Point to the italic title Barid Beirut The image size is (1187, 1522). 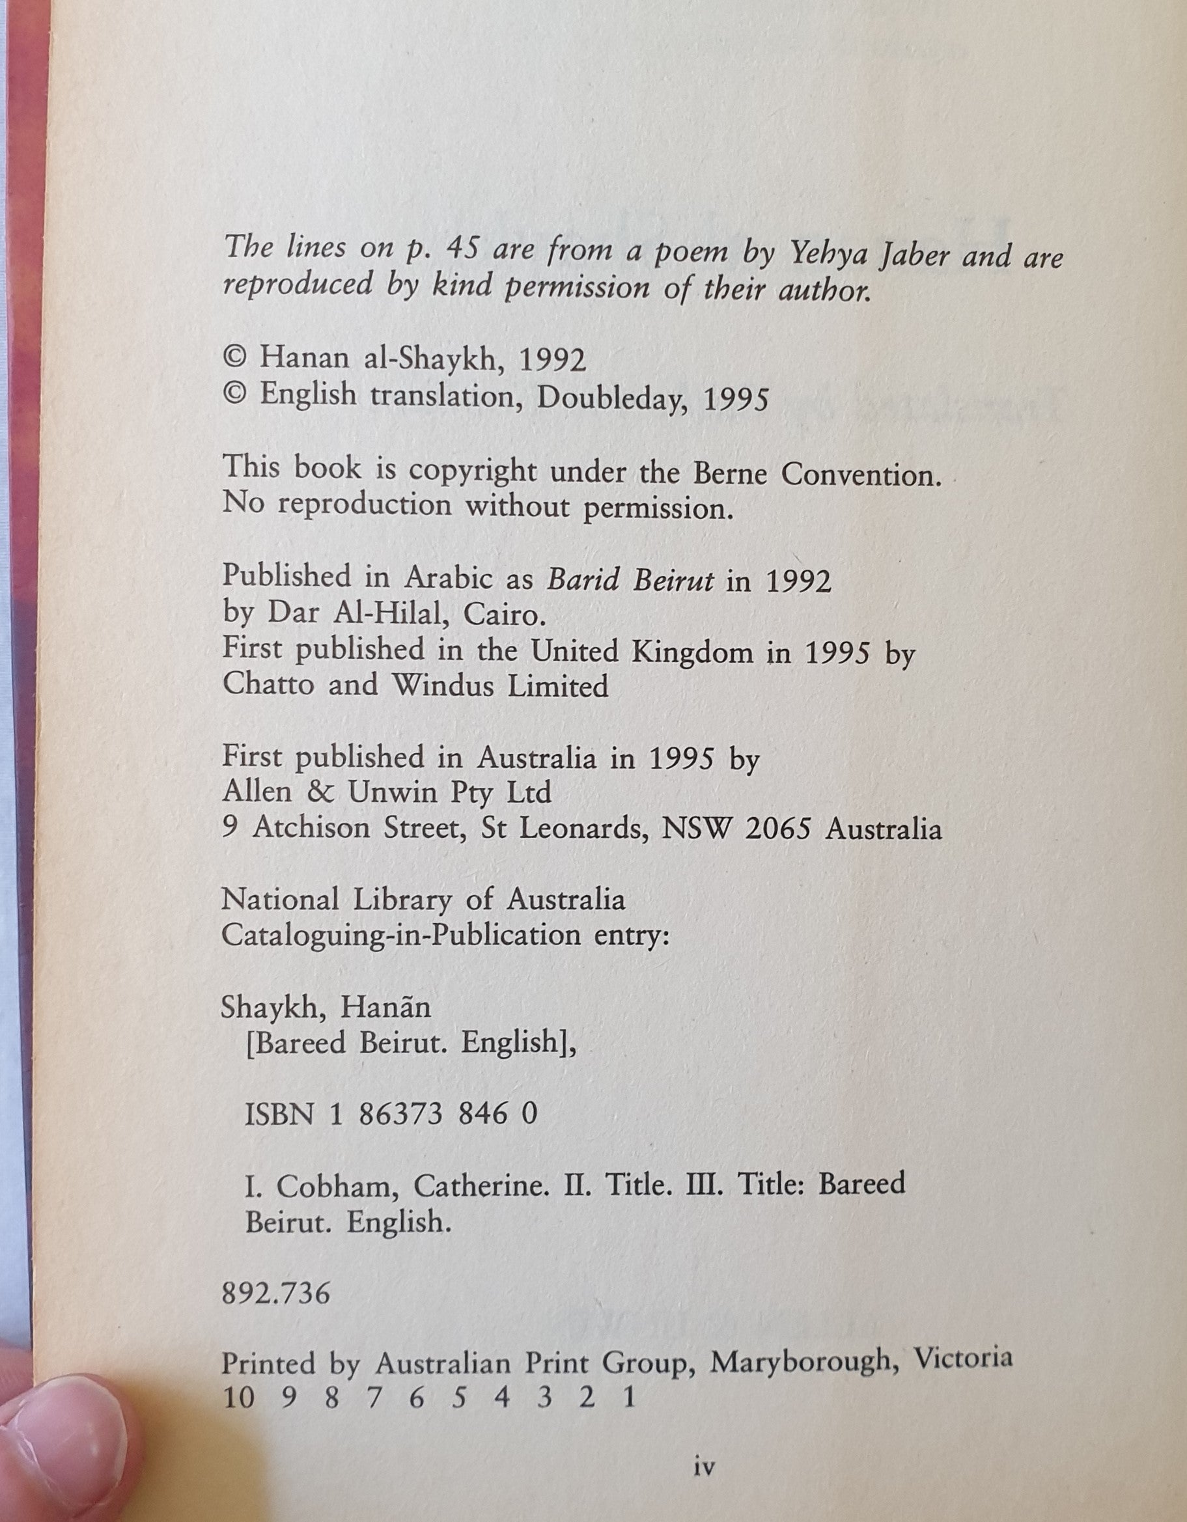[x=630, y=580]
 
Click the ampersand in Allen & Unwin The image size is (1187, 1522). [x=323, y=792]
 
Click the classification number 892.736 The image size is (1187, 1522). [x=275, y=1294]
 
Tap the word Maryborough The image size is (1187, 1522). [x=801, y=1361]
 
